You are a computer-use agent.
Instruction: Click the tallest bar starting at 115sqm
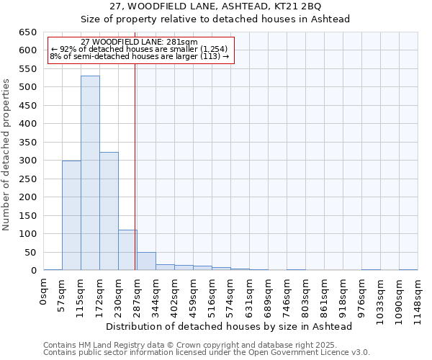(x=90, y=173)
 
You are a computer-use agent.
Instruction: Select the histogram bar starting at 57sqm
(x=71, y=215)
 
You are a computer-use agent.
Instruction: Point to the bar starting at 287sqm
(x=146, y=261)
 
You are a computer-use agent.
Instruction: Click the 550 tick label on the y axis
(x=27, y=69)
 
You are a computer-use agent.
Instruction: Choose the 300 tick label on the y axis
(x=27, y=161)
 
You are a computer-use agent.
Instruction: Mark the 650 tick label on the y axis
(x=27, y=32)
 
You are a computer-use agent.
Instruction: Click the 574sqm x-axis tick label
(x=231, y=293)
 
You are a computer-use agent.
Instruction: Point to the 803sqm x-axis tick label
(x=306, y=293)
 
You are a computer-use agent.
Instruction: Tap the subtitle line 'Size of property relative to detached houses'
(x=215, y=19)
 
